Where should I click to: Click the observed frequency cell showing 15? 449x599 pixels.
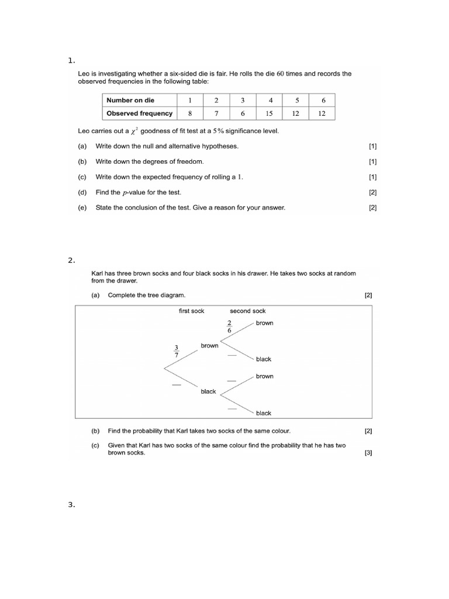(269, 113)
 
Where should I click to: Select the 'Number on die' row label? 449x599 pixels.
(130, 100)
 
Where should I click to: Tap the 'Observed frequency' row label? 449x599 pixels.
(139, 113)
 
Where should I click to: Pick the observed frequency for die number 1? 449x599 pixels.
(190, 113)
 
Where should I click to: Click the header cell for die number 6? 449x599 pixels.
(323, 100)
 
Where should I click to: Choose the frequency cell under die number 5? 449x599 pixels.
(296, 113)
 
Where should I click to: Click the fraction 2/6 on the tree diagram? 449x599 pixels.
(229, 326)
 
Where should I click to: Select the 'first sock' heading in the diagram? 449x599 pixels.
(191, 311)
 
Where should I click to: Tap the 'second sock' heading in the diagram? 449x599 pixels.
(247, 311)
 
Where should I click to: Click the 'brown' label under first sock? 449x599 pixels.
(209, 346)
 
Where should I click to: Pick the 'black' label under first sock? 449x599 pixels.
(208, 391)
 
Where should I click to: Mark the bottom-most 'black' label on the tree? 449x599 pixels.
(263, 413)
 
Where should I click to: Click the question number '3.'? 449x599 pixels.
(71, 505)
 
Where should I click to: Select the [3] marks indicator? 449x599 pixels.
(368, 453)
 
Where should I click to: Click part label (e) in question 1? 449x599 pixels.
(82, 208)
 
